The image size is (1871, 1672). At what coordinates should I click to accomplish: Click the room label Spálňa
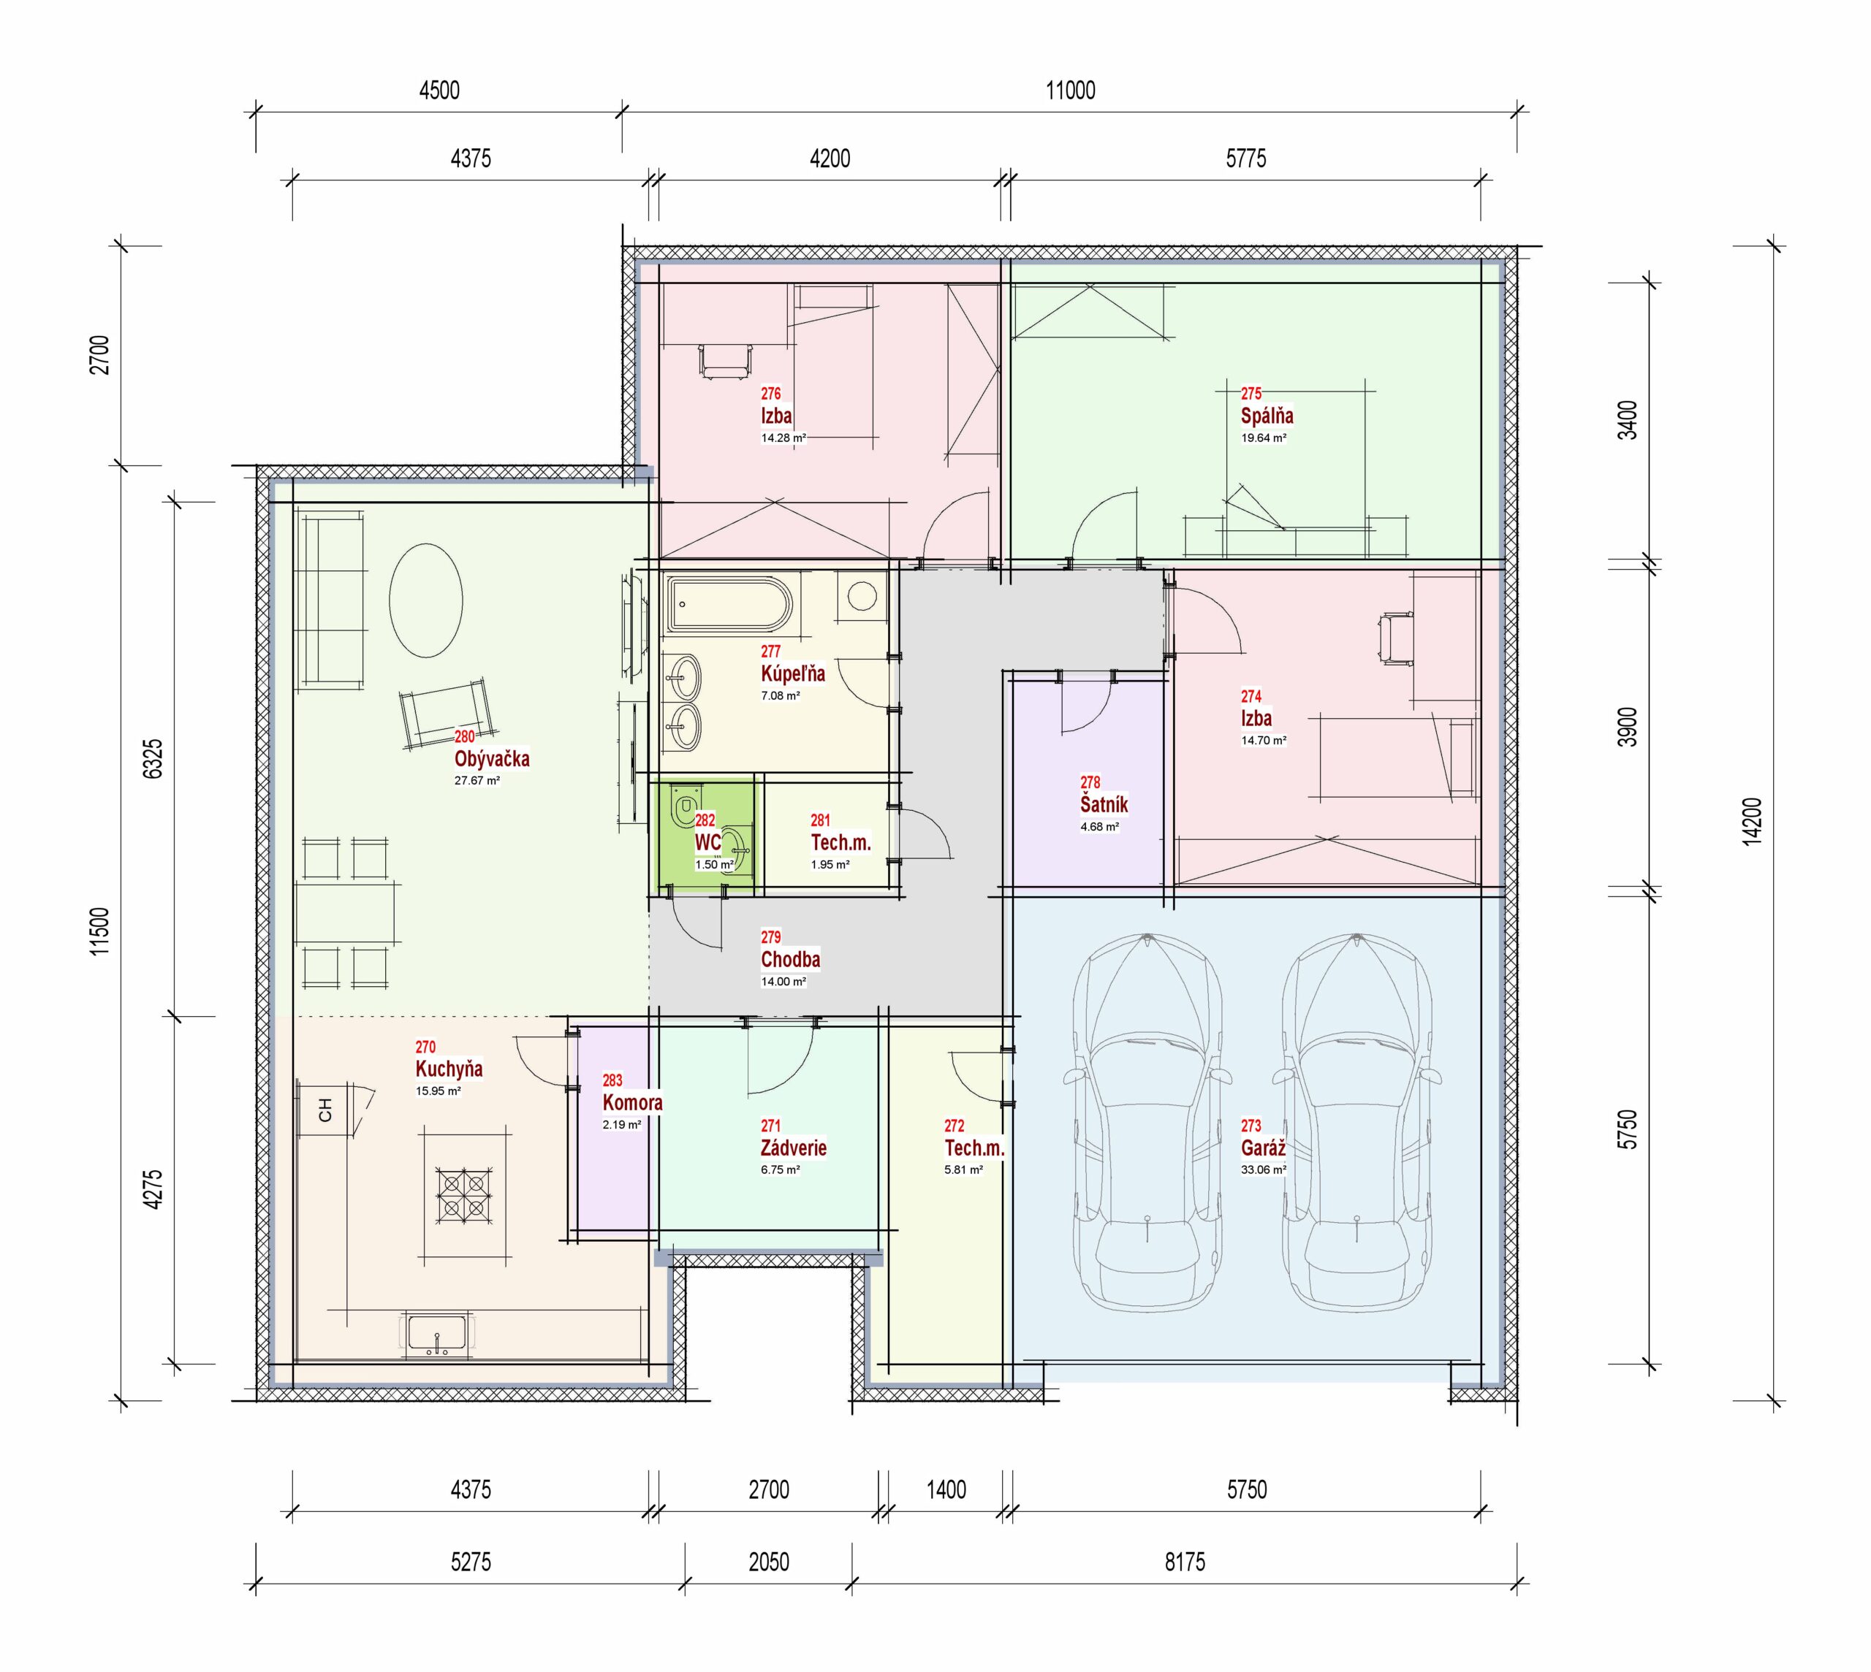(x=1267, y=415)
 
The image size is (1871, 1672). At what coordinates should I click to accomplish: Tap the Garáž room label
(x=1263, y=1148)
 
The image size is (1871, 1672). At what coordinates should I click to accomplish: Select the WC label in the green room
(x=707, y=842)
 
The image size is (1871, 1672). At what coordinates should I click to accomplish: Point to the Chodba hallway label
(x=790, y=959)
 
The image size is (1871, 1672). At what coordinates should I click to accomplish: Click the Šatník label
(x=1104, y=803)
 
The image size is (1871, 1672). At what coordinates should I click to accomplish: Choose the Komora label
(x=632, y=1102)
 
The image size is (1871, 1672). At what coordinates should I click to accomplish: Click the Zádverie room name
(x=793, y=1148)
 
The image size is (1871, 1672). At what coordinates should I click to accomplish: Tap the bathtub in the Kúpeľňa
(x=729, y=603)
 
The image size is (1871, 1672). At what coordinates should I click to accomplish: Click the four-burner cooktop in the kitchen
(x=464, y=1195)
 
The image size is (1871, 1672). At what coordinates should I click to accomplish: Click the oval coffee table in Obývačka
(x=425, y=600)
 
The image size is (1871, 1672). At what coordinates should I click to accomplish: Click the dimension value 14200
(x=1752, y=821)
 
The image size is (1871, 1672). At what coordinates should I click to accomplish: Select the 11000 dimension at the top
(x=1071, y=90)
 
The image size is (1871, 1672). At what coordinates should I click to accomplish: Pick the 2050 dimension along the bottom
(x=768, y=1561)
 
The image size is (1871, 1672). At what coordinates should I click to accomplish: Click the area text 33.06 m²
(x=1264, y=1169)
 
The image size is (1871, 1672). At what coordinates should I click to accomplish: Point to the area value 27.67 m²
(x=477, y=781)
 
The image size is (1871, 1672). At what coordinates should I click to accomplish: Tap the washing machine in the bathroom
(x=862, y=596)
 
